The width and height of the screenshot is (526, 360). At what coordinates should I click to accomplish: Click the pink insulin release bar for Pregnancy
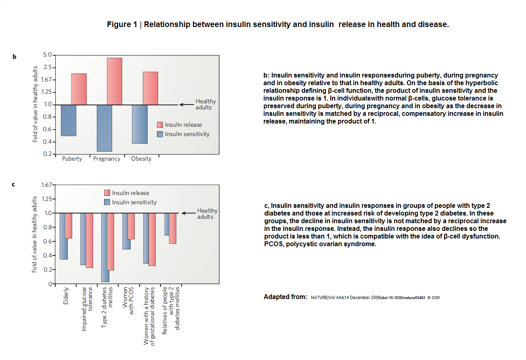click(x=114, y=82)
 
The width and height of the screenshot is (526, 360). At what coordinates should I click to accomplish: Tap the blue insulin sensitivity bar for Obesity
click(x=140, y=124)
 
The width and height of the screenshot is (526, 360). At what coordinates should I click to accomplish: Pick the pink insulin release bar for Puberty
click(x=79, y=89)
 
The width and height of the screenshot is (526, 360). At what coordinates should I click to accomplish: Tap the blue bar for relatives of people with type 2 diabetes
click(x=167, y=224)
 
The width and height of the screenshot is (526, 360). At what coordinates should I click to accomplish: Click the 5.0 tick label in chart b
click(x=47, y=55)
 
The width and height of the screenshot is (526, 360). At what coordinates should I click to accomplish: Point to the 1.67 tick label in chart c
click(x=47, y=185)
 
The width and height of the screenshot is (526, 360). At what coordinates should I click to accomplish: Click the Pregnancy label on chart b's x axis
click(x=106, y=159)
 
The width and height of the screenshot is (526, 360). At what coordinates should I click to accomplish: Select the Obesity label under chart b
click(x=141, y=159)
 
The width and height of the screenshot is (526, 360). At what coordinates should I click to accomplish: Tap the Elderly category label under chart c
click(x=66, y=296)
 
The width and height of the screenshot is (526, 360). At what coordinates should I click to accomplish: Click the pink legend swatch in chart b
click(x=160, y=125)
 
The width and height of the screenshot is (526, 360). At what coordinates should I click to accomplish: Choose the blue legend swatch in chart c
click(x=107, y=202)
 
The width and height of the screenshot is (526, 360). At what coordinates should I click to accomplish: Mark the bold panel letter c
click(x=13, y=184)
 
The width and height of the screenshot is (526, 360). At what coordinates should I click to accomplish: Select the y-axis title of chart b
click(x=35, y=104)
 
